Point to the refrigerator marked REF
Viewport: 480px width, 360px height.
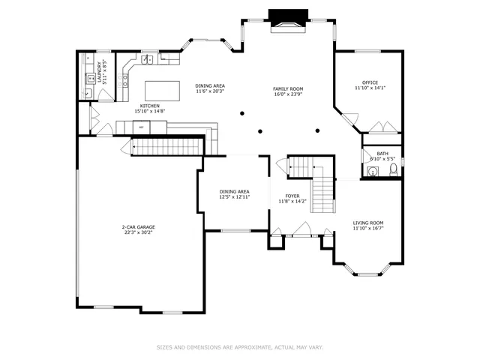tap(140, 127)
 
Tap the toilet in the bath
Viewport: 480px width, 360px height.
tap(393, 170)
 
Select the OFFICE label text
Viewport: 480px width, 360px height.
tap(370, 82)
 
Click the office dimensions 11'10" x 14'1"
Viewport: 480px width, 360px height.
tap(370, 88)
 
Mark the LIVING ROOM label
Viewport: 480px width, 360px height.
tap(368, 223)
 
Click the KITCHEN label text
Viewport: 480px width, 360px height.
tap(149, 106)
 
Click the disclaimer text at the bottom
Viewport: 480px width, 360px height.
tap(239, 347)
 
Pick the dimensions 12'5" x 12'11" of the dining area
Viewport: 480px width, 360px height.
tap(234, 197)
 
